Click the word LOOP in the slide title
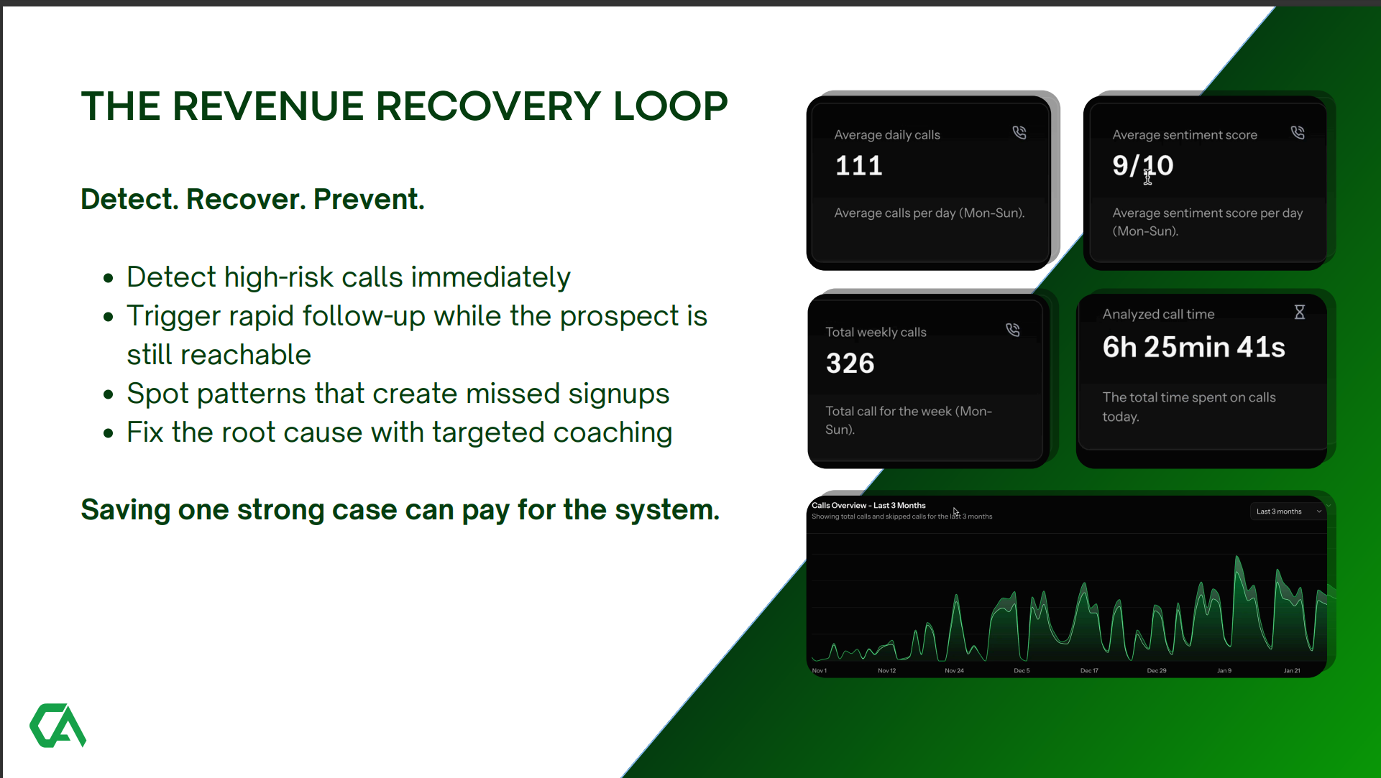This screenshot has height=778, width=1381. coord(670,106)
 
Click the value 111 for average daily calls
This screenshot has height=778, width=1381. coord(858,166)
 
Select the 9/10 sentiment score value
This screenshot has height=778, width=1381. coord(1142,166)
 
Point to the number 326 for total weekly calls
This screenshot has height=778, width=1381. coord(850,363)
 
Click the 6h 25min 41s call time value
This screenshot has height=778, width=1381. coord(1193,347)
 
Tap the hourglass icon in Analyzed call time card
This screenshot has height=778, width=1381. coord(1299,312)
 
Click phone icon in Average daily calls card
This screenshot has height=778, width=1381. coord(1019,133)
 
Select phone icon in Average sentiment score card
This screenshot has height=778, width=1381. coord(1297,133)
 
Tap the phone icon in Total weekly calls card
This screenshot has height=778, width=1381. coord(1012,330)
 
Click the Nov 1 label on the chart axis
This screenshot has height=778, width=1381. coord(820,671)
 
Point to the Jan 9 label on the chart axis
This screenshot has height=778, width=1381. coord(1224,671)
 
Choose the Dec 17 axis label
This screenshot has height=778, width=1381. coord(1089,671)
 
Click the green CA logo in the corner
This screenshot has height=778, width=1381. coord(58,726)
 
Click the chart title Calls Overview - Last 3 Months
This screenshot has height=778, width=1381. coord(868,506)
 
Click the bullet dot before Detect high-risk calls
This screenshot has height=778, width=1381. coord(109,278)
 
